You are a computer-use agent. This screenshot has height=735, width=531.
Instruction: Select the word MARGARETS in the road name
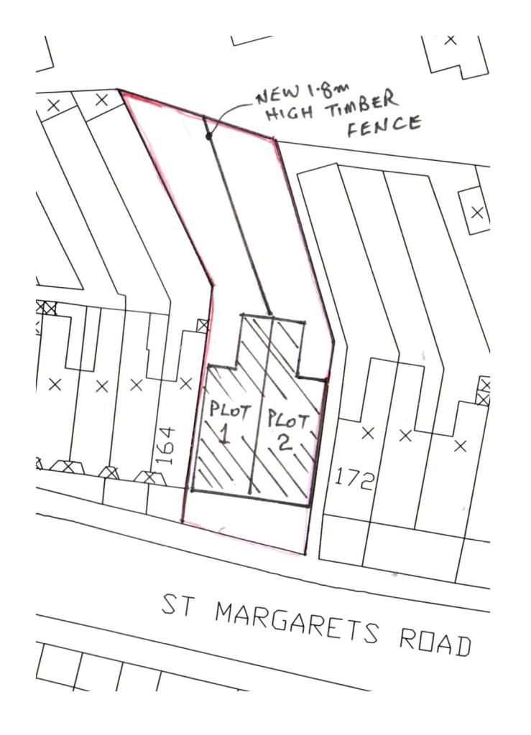295,620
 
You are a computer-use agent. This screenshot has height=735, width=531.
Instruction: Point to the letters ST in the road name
179,605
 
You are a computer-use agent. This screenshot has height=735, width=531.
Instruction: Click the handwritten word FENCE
384,125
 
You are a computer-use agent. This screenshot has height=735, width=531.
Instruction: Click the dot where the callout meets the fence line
209,136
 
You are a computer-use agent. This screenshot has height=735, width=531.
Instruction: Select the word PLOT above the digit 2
288,419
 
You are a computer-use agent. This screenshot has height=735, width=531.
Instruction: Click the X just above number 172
368,433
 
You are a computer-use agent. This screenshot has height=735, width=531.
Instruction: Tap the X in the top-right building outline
451,39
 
